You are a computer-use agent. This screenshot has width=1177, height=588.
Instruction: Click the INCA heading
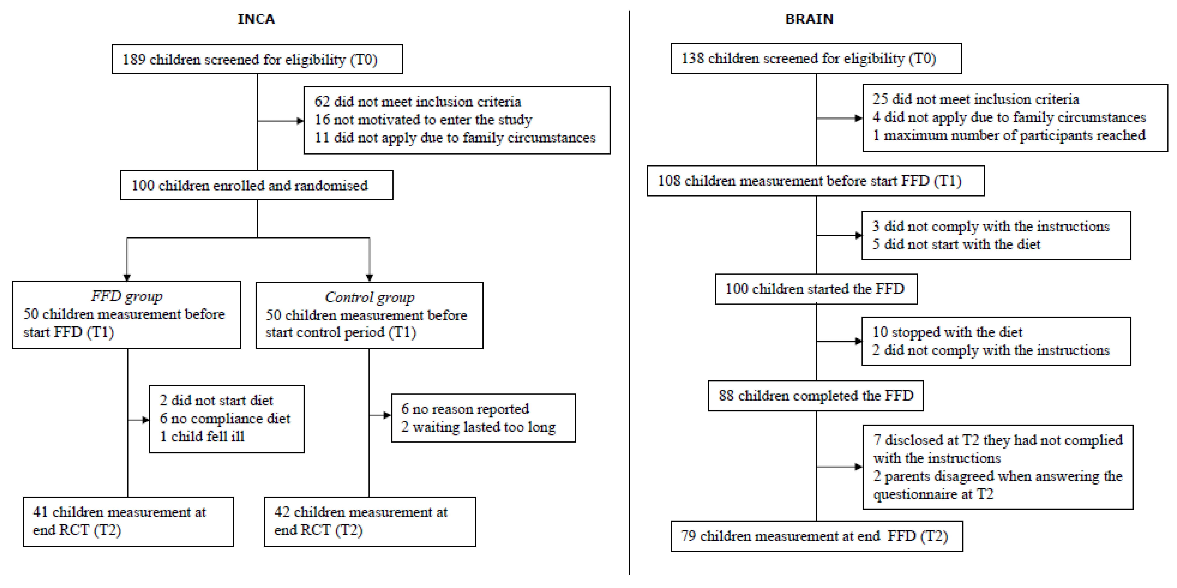coord(256,19)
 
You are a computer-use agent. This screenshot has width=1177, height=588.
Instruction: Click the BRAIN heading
coord(809,19)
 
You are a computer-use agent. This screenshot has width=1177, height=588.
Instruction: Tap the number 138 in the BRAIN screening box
coord(692,59)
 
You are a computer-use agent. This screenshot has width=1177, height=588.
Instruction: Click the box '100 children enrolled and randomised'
coord(256,185)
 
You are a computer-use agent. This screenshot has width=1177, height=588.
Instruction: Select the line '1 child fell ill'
coord(202,436)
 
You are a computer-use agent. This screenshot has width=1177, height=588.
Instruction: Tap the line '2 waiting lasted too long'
coord(478,427)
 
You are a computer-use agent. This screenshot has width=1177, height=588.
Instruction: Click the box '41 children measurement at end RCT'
coord(128,521)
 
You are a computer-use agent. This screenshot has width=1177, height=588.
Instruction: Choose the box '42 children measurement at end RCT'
coord(370,521)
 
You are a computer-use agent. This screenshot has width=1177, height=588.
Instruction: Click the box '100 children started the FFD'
coord(816,289)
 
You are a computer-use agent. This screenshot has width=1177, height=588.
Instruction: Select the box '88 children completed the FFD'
coord(816,395)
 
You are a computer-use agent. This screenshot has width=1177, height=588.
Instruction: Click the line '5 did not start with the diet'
coord(956,244)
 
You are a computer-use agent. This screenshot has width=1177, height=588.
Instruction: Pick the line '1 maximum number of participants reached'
coord(1009,135)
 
